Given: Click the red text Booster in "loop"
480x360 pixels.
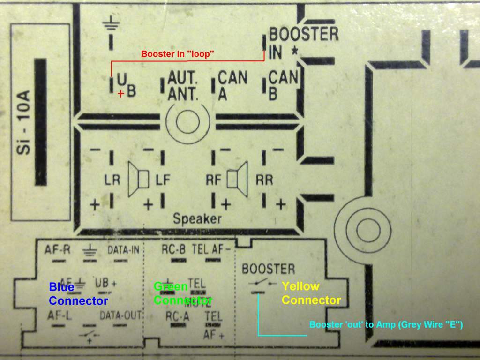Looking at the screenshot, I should pyautogui.click(x=178, y=54).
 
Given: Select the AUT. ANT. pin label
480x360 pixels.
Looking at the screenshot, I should pyautogui.click(x=183, y=85).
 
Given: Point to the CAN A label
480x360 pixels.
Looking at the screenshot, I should pyautogui.click(x=232, y=85).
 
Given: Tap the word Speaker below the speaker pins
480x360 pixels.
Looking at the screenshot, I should pyautogui.click(x=197, y=218).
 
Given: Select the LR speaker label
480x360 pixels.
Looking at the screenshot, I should pyautogui.click(x=112, y=180).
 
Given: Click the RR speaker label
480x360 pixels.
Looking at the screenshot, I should pyautogui.click(x=264, y=180).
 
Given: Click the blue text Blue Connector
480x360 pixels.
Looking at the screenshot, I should pyautogui.click(x=78, y=293).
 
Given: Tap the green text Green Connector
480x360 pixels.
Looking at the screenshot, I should pyautogui.click(x=183, y=293).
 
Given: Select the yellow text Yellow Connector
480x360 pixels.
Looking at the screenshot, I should pyautogui.click(x=311, y=293).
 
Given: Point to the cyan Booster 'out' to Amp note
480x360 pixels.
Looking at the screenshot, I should pyautogui.click(x=386, y=324).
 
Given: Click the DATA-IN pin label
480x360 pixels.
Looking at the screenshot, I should pyautogui.click(x=123, y=249).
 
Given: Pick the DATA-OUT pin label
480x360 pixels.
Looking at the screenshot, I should pyautogui.click(x=120, y=315).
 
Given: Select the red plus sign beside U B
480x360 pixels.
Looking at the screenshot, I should pyautogui.click(x=121, y=93).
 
